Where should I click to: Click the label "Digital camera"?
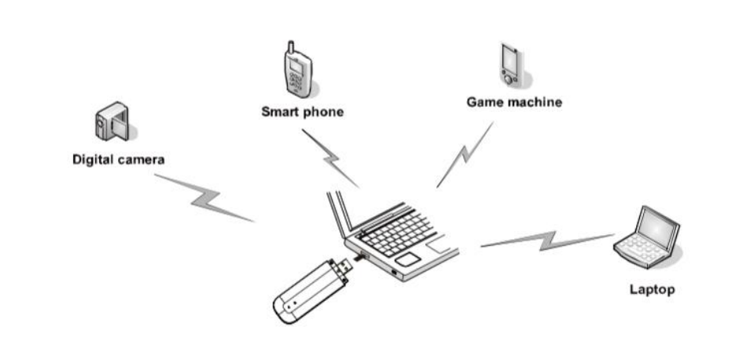(118, 160)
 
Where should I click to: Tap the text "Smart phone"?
(302, 112)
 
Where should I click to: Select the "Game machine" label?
(514, 102)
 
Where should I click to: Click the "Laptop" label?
(652, 289)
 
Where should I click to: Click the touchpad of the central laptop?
(407, 258)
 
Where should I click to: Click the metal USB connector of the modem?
(345, 266)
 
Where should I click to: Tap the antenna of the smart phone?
(289, 47)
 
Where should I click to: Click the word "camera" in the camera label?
(142, 160)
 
